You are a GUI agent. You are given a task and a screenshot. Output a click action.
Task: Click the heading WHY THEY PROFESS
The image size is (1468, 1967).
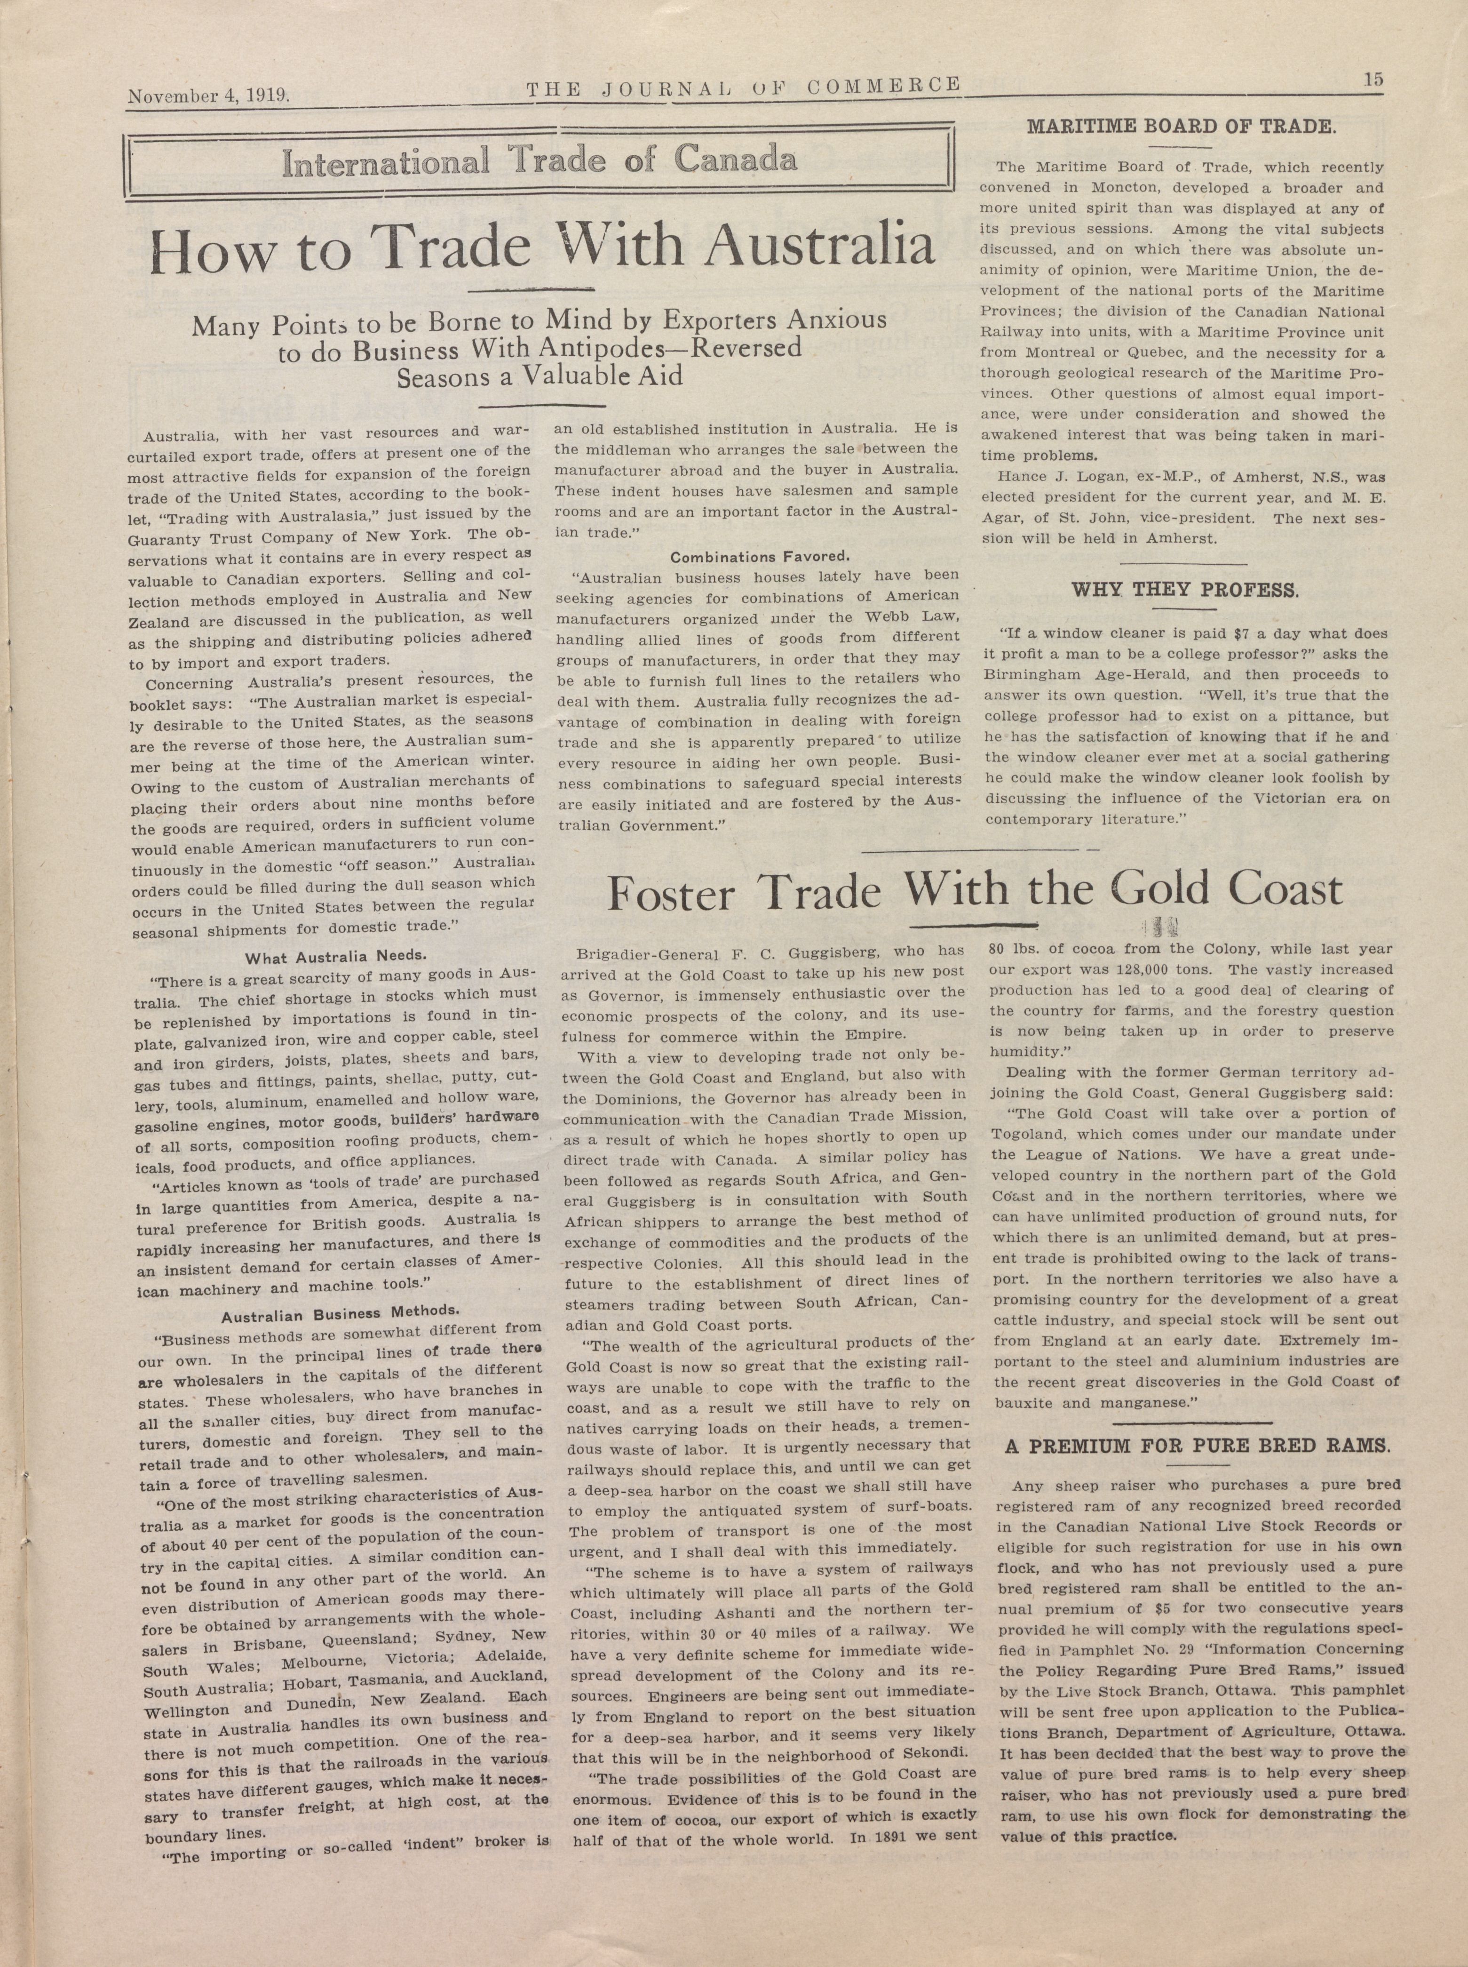(1184, 589)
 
